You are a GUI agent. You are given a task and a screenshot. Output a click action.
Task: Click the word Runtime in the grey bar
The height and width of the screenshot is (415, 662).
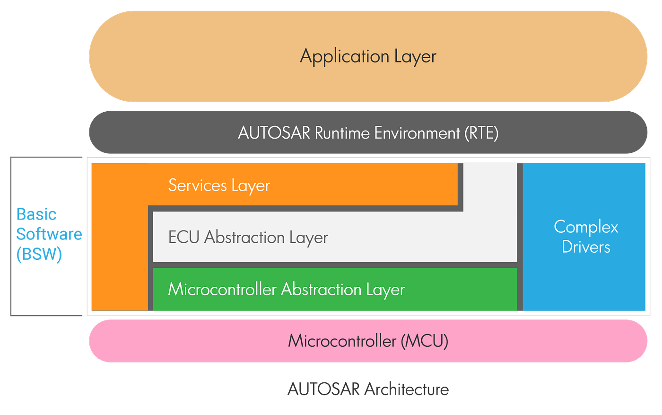tap(342, 133)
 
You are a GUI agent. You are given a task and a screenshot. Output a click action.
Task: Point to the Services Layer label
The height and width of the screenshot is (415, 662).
tap(219, 185)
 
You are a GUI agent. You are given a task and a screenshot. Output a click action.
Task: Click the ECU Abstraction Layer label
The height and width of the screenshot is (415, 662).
tap(248, 237)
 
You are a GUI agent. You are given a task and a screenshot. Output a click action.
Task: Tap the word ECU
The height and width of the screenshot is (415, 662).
tap(183, 237)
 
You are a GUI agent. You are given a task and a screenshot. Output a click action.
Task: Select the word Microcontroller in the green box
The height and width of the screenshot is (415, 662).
tap(222, 289)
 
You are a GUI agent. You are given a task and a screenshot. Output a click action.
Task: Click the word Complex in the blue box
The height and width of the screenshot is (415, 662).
tap(586, 227)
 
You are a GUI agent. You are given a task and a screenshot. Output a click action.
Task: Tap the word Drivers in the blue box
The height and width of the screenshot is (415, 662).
tap(586, 247)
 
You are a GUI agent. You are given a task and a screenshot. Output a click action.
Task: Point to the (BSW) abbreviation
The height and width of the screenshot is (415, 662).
tap(39, 255)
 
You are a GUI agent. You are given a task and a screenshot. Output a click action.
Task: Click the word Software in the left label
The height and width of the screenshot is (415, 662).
tap(49, 234)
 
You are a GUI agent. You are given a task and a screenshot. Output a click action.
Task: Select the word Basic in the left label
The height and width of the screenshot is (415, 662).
tap(36, 214)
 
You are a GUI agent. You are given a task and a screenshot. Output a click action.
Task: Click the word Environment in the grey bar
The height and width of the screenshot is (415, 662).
tap(417, 133)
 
